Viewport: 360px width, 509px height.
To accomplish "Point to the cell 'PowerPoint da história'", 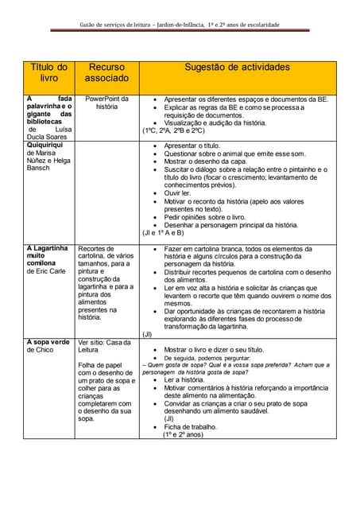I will pos(106,103).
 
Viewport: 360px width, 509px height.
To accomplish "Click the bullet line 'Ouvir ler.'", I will pos(177,192).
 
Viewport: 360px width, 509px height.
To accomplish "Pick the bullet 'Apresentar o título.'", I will pos(192,147).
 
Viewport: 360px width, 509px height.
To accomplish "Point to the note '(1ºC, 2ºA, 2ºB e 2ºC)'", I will pos(172,130).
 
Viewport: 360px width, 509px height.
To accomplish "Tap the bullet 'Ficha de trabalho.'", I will pos(190,426).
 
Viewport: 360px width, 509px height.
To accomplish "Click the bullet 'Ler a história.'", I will pos(184,380).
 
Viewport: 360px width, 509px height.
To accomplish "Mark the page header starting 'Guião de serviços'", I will pos(180,25).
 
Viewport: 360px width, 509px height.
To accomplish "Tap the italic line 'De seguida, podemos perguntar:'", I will pos(212,358).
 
